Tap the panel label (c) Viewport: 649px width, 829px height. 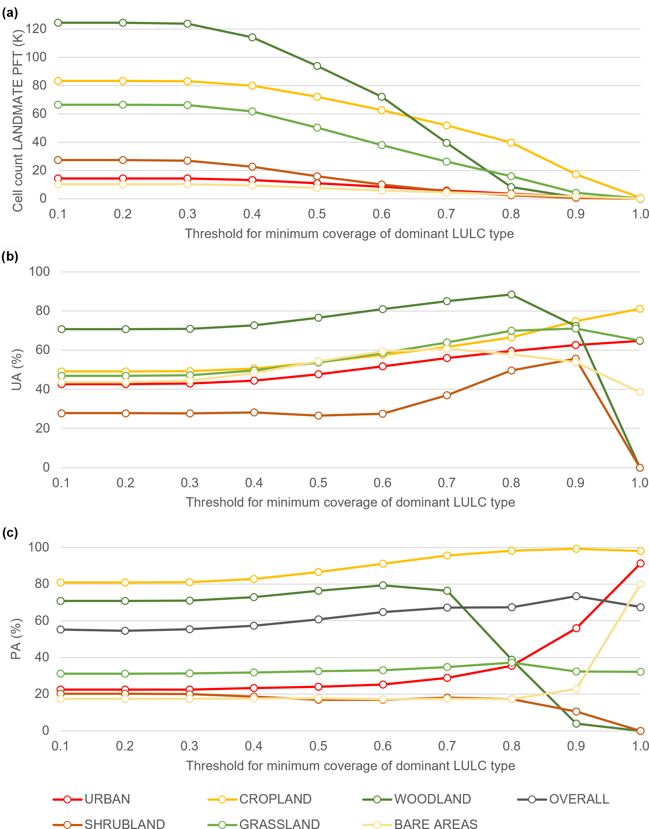pyautogui.click(x=10, y=533)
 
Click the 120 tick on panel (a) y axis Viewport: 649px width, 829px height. pyautogui.click(x=36, y=29)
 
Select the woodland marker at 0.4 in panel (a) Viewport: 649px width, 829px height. pyautogui.click(x=252, y=37)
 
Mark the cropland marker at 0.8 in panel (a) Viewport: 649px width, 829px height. pyautogui.click(x=511, y=142)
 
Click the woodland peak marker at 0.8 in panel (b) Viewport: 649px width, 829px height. pyautogui.click(x=511, y=295)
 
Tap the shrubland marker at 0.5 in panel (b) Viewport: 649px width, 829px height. pyautogui.click(x=318, y=415)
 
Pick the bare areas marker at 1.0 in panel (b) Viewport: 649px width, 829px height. pyautogui.click(x=640, y=392)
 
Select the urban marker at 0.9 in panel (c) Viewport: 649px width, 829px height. pyautogui.click(x=576, y=628)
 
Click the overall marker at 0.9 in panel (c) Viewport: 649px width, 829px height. pyautogui.click(x=576, y=596)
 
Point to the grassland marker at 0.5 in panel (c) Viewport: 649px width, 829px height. pyautogui.click(x=318, y=671)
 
